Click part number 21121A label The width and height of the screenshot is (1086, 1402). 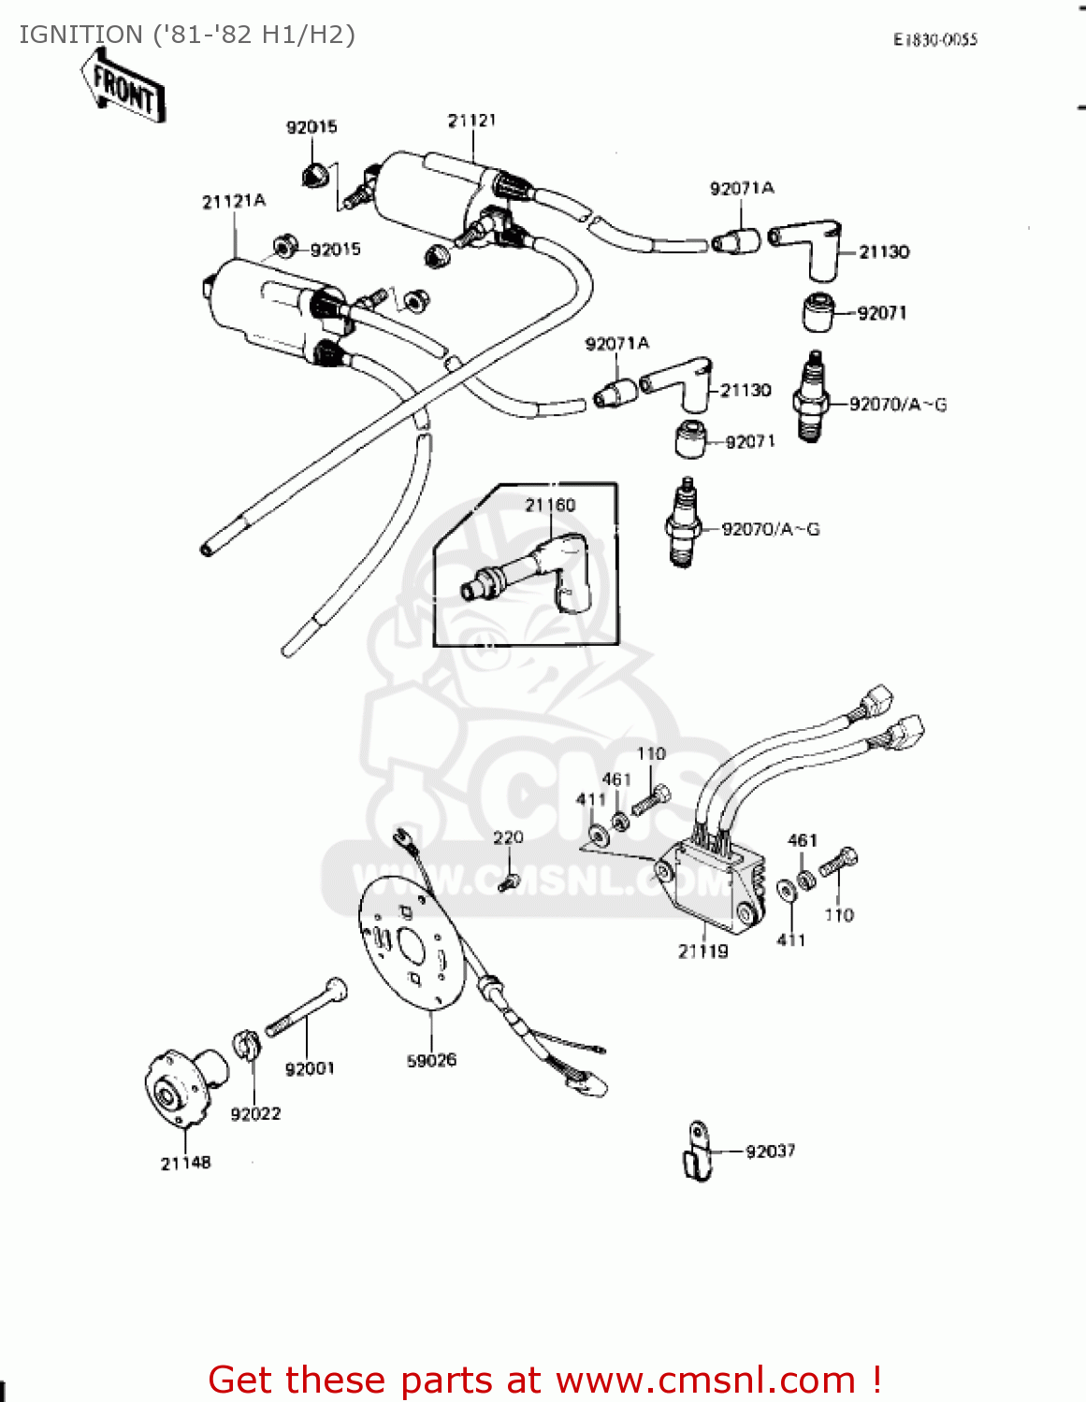(x=234, y=201)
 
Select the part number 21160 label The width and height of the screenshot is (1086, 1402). (x=550, y=505)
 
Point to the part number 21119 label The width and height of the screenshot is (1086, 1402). (x=702, y=951)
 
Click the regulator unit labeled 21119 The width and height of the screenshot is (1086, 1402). (x=711, y=883)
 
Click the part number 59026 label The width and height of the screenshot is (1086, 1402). (x=431, y=1060)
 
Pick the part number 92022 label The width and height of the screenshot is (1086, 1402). (x=255, y=1113)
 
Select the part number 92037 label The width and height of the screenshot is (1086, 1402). (x=770, y=1152)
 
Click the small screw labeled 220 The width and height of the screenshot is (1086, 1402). (x=508, y=880)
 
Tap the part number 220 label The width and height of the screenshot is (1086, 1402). (x=508, y=837)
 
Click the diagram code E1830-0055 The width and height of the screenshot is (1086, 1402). (x=934, y=39)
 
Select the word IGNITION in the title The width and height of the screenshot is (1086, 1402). (x=80, y=35)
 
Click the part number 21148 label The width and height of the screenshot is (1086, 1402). (x=185, y=1163)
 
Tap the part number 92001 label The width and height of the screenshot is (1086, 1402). (x=310, y=1068)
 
